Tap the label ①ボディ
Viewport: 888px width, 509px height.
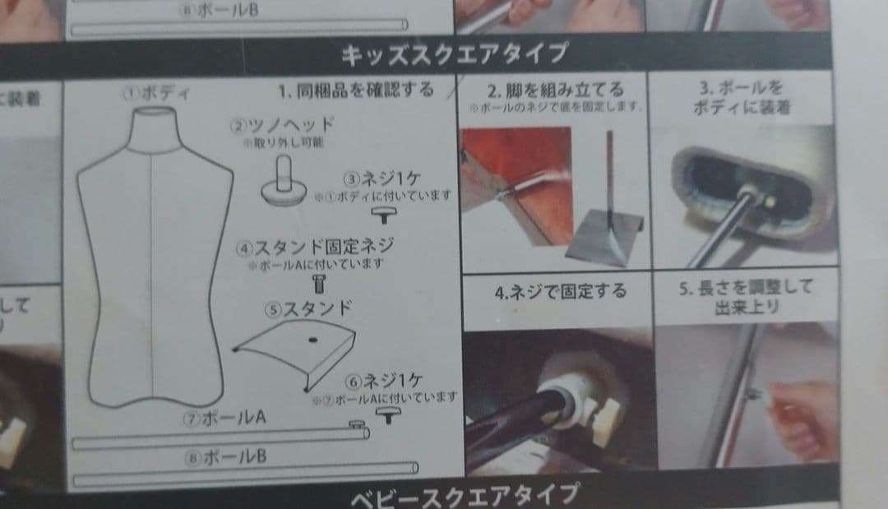[157, 93]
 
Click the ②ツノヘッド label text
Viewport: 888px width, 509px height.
[282, 125]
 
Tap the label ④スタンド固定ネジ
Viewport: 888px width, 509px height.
[315, 246]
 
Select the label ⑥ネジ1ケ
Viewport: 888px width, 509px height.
[384, 381]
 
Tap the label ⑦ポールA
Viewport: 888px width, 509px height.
[224, 418]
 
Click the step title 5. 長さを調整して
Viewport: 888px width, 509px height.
[744, 287]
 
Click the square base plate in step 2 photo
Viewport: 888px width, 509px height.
[604, 242]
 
